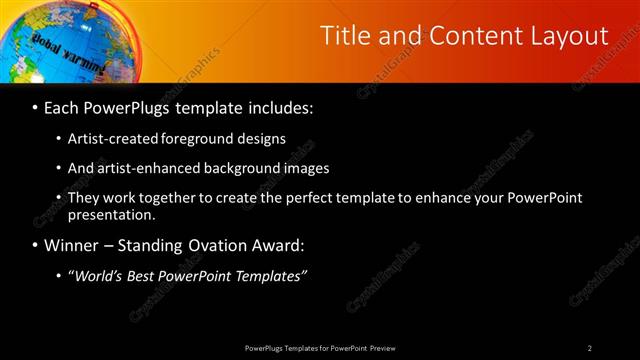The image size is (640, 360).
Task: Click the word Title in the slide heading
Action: click(344, 36)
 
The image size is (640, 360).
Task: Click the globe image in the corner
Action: click(55, 40)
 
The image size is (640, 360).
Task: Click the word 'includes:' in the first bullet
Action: click(282, 106)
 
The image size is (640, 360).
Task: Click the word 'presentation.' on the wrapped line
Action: click(111, 214)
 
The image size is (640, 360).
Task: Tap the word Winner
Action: click(70, 245)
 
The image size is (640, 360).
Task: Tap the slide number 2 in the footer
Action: click(589, 347)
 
